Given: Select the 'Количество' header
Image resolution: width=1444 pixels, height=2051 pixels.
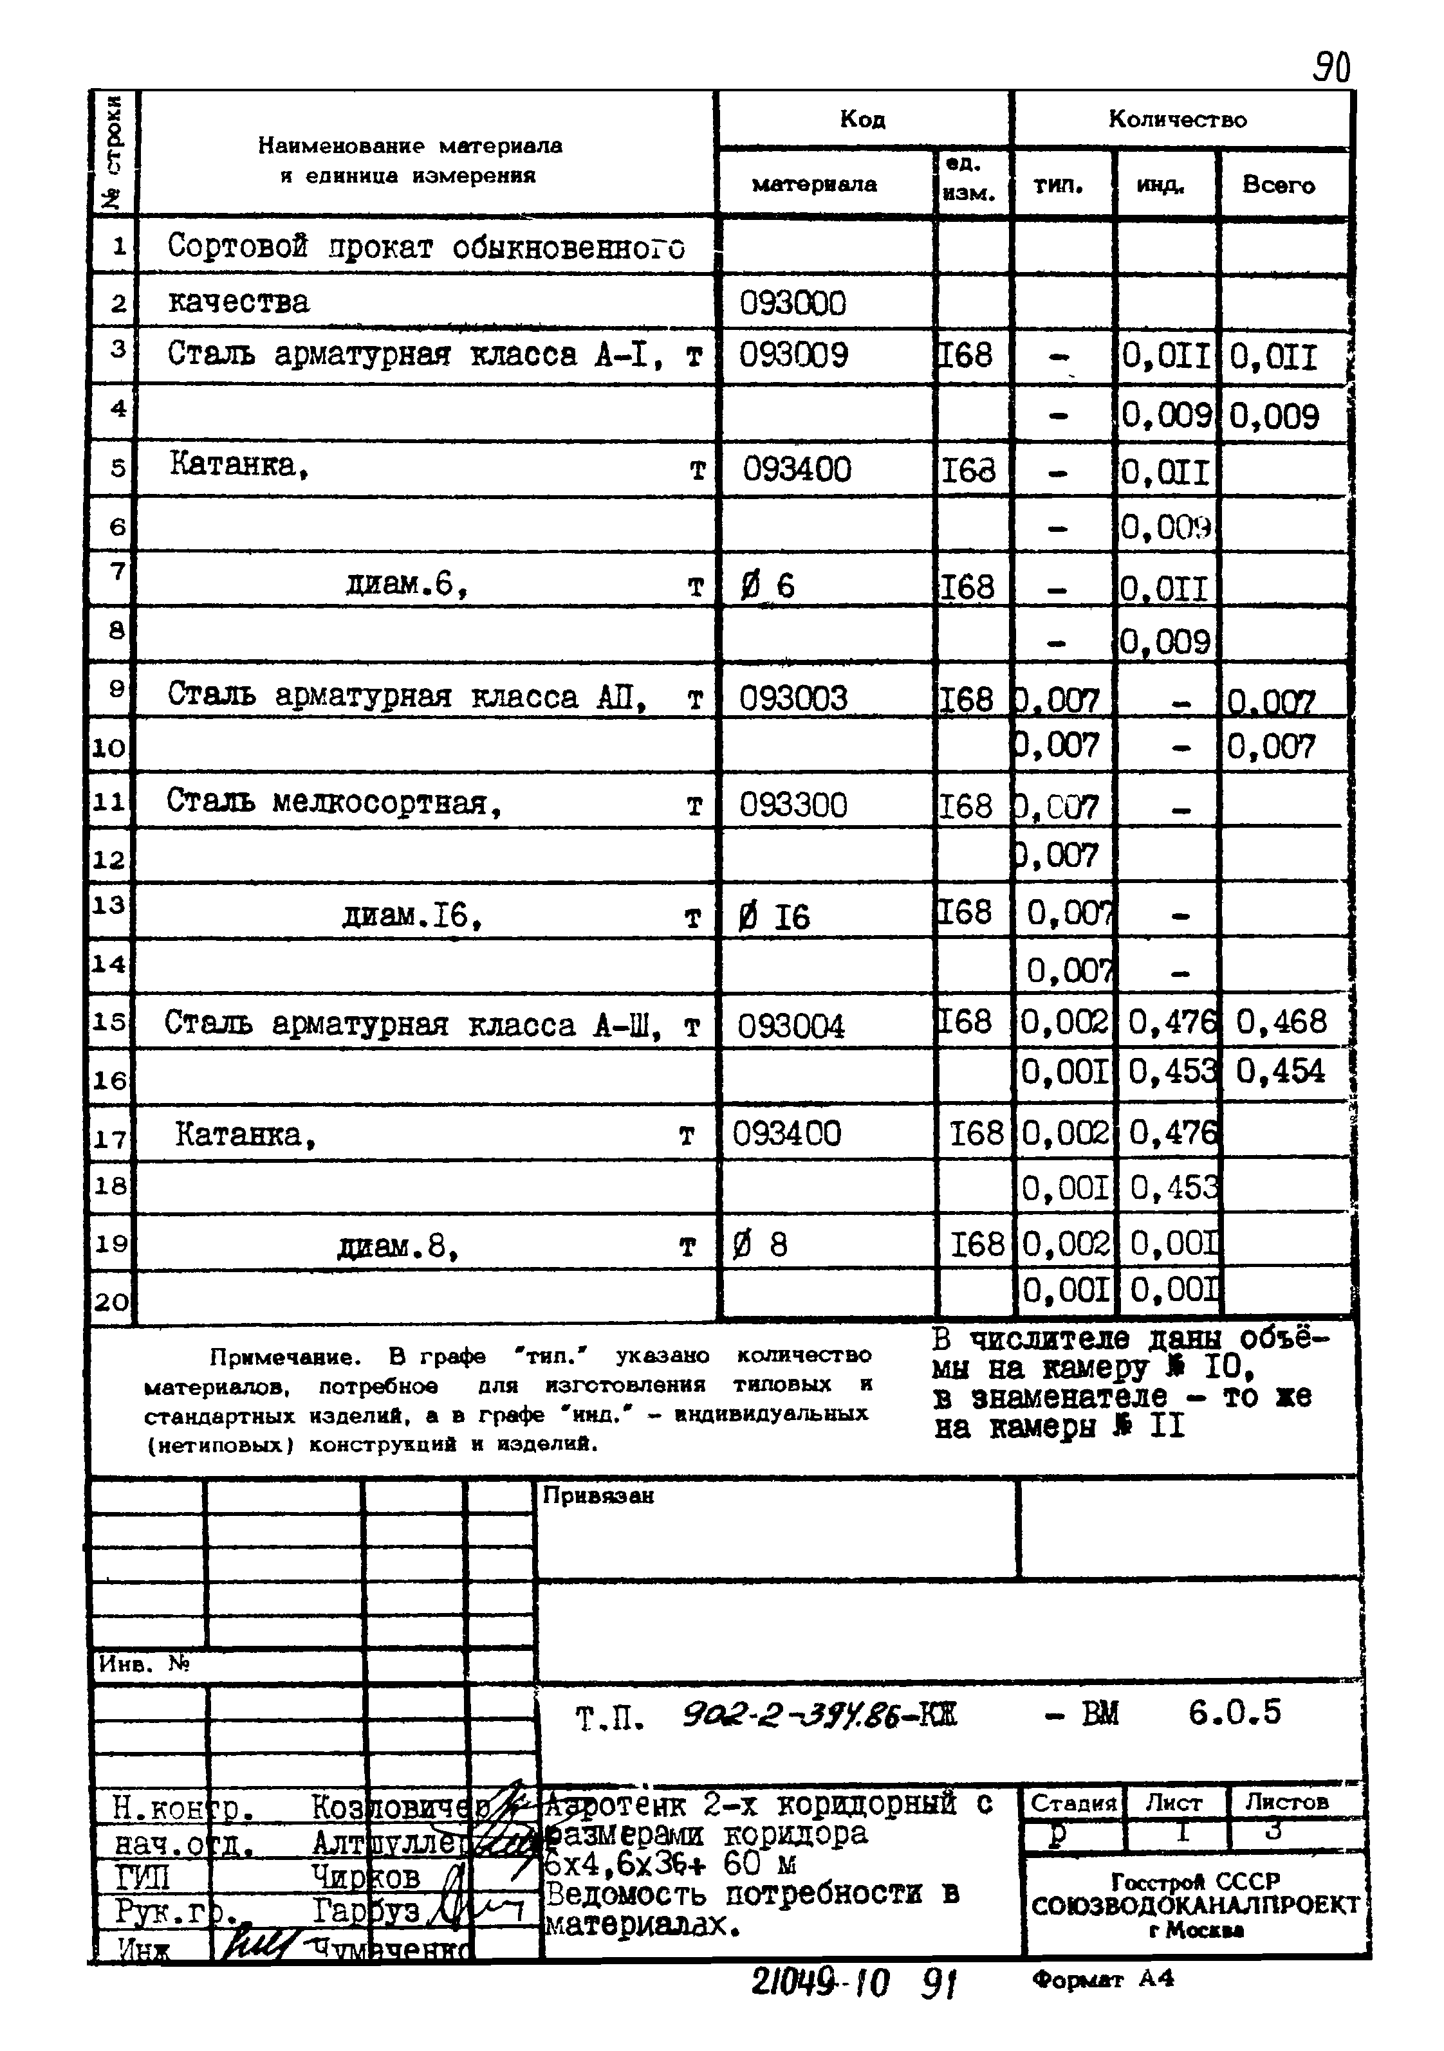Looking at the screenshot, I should coord(1177,120).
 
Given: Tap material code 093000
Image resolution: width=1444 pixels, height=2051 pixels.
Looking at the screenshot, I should coord(791,304).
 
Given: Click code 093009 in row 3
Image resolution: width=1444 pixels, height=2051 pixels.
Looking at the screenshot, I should coord(793,356).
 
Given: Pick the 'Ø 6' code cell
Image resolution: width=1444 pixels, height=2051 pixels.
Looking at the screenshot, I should coord(768,586).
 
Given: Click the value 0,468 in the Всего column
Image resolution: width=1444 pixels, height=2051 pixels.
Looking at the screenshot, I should coord(1281,1021).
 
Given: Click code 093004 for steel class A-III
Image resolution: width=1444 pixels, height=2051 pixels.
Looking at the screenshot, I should coord(791,1025).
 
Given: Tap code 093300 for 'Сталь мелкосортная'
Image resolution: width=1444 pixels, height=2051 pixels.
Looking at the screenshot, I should coord(793,806).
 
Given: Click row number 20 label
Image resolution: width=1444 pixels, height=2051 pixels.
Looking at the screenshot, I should coord(111,1302).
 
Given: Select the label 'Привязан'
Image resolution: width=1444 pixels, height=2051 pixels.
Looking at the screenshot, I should coord(598,1495).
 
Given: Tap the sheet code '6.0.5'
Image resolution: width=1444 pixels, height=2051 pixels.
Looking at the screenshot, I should coord(1234,1713).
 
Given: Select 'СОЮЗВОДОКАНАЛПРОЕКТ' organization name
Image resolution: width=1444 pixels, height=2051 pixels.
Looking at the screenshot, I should coord(1195,1906).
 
